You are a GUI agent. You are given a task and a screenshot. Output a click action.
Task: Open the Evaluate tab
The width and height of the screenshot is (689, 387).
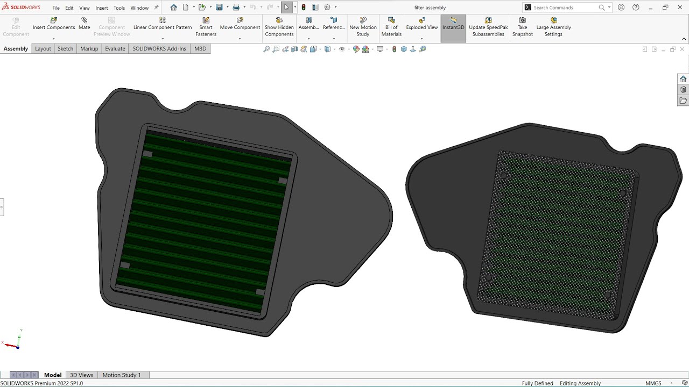coord(115,48)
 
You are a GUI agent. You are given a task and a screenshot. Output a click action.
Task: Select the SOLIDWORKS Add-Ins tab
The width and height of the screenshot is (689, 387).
coord(159,48)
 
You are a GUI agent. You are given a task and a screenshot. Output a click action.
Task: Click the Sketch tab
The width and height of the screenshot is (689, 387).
coord(65,48)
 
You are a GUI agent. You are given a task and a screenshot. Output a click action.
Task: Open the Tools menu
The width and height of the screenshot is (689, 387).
coord(119,8)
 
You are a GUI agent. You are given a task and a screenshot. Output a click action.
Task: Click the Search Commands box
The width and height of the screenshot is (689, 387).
coord(565,8)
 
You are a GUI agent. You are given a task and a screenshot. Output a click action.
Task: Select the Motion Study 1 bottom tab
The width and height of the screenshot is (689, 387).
coord(122,375)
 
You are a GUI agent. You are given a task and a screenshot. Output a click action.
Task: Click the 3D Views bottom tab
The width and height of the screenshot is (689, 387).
coord(81,375)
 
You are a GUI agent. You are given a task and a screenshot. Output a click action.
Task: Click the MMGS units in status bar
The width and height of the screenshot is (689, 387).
coord(653,383)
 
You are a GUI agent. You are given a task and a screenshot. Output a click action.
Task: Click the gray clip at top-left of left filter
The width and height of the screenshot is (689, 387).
coord(147,154)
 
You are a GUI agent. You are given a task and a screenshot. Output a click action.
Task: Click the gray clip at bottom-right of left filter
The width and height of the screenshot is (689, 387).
coord(260,292)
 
